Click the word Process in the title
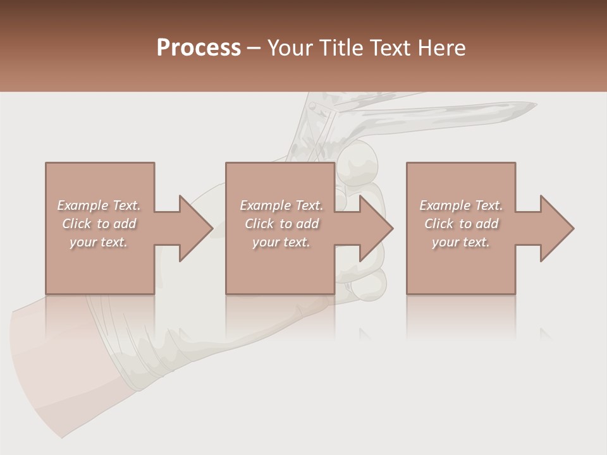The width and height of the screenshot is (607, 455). tap(199, 48)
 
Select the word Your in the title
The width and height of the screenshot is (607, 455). tap(291, 48)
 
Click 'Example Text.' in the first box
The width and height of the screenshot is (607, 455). tap(99, 205)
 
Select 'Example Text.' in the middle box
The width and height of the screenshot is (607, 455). tap(281, 205)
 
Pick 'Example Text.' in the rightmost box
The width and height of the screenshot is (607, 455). tap(461, 205)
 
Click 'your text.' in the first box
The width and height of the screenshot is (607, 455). tap(99, 242)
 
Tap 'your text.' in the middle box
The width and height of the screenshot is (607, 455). tap(281, 242)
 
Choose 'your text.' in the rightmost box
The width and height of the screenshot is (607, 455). tap(461, 242)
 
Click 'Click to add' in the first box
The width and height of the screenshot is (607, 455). tap(99, 224)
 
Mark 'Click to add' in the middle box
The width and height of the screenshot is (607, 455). tap(281, 224)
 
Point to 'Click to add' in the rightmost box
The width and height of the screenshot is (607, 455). tap(461, 224)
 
